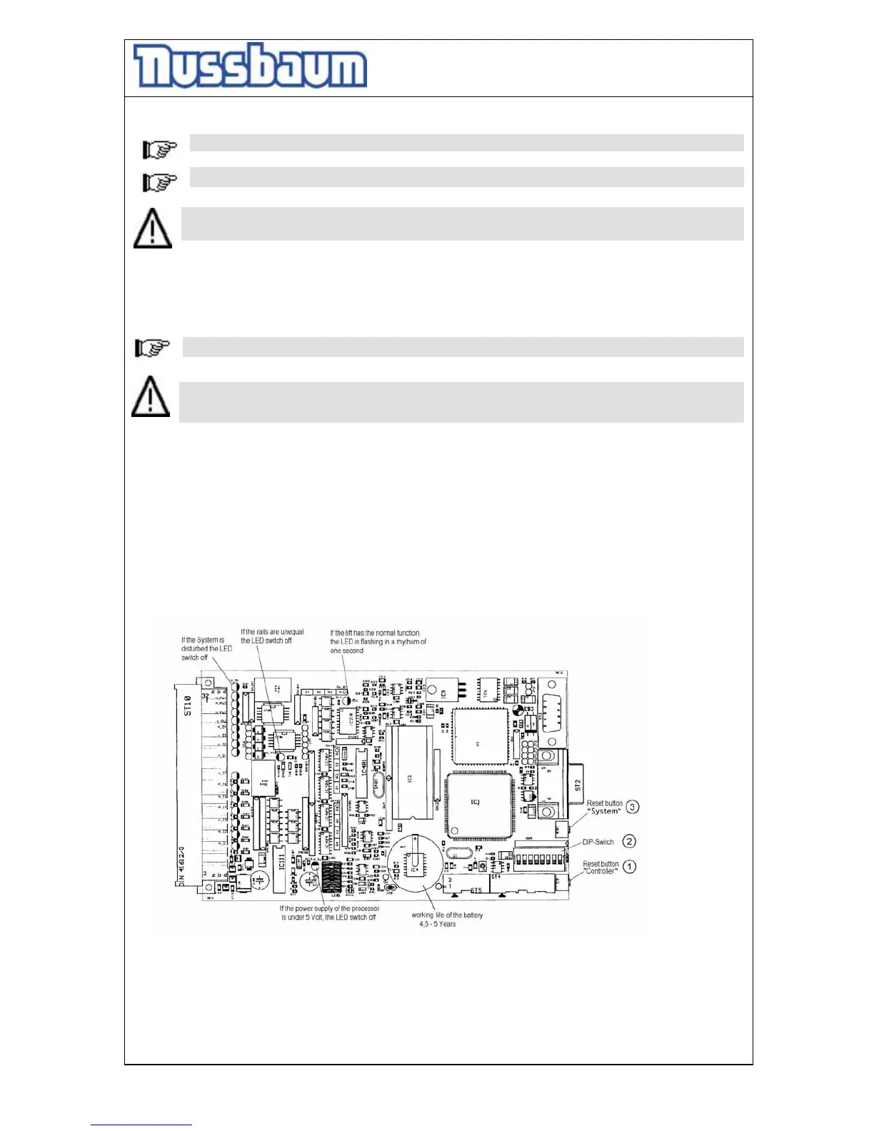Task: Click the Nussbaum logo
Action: point(250,66)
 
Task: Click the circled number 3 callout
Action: point(632,807)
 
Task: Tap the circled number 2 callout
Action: point(628,842)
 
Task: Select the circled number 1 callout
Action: point(629,867)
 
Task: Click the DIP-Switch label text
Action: point(598,842)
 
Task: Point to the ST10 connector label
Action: point(189,705)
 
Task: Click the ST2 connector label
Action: point(578,785)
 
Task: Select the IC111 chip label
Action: point(281,861)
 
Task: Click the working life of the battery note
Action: point(447,919)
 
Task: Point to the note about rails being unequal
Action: point(272,636)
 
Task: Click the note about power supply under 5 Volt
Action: point(329,913)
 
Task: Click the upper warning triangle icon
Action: point(153,228)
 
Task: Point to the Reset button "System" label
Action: point(604,808)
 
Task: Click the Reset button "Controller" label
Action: point(601,868)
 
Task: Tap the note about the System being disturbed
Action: point(206,648)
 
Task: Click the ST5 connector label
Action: point(476,890)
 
